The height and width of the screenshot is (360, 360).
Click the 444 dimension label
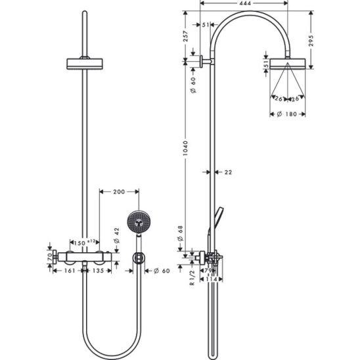point(245,3)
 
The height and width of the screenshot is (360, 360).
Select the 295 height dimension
point(311,41)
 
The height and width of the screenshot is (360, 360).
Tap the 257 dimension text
point(185,36)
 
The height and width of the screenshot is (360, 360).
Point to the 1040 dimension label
point(185,148)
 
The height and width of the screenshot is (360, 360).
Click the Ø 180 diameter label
point(287,114)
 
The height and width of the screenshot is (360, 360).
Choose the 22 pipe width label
point(228,172)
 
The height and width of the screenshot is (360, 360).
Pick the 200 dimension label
point(119,192)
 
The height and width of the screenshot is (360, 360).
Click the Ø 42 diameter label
point(117,235)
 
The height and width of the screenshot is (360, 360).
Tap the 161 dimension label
point(70,271)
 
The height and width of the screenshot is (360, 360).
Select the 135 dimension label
point(99,271)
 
